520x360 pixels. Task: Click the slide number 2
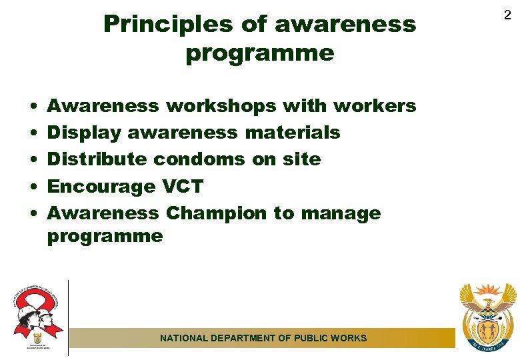click(507, 14)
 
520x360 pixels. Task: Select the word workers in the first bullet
click(375, 106)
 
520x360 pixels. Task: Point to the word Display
click(84, 133)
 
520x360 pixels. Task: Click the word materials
click(293, 133)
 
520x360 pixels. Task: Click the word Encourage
click(101, 187)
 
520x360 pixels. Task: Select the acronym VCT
click(183, 187)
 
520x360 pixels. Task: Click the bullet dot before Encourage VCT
click(32, 187)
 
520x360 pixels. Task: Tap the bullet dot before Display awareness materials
click(32, 133)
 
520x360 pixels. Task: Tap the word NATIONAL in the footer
click(184, 338)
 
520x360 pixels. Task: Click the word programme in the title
click(260, 53)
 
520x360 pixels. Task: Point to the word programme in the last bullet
click(105, 236)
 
